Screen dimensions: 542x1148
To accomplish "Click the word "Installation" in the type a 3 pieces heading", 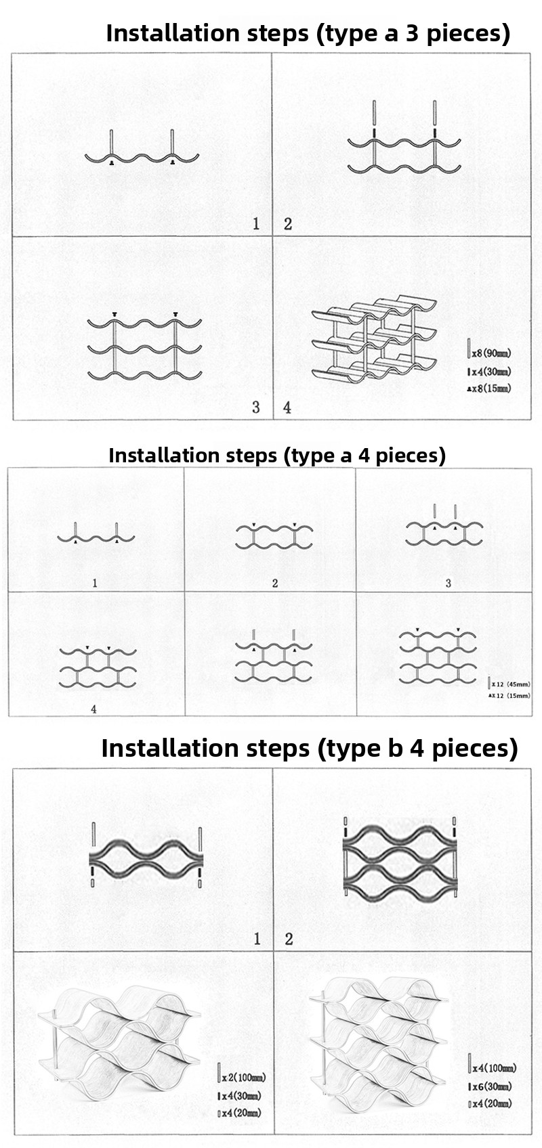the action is click(173, 32).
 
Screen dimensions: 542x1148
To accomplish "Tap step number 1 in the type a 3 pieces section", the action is click(256, 224).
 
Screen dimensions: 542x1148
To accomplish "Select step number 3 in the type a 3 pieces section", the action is click(256, 407).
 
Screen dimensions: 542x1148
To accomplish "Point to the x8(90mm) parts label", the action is click(491, 353).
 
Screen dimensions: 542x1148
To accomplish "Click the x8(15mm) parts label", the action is click(491, 389).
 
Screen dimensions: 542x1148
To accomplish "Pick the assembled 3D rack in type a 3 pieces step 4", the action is click(375, 338).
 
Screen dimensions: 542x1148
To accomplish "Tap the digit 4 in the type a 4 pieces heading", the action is click(364, 455).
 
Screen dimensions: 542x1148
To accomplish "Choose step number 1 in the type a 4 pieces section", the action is click(94, 583).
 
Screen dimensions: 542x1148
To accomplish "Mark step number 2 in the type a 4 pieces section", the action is click(275, 583).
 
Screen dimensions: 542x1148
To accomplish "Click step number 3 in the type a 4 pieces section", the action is click(448, 583).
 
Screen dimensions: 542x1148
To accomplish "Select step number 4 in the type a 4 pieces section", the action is click(94, 709).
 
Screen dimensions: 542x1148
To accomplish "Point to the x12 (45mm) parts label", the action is click(511, 684).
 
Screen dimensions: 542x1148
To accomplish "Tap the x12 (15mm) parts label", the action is click(511, 695).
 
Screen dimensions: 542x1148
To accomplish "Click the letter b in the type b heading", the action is click(391, 748).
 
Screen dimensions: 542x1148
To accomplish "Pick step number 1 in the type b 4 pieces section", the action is click(257, 939).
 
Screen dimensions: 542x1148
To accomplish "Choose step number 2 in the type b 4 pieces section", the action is click(289, 939).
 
